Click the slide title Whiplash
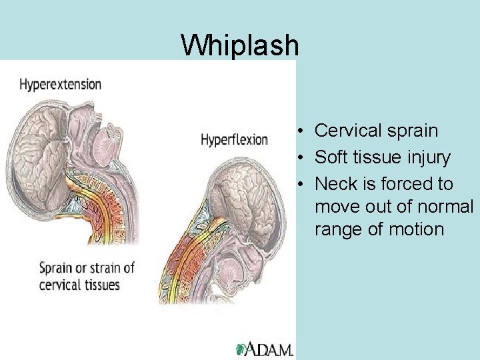click(x=240, y=45)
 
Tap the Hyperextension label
click(x=60, y=85)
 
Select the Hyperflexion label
click(x=234, y=140)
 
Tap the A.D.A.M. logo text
click(x=270, y=349)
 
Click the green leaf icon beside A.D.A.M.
click(x=241, y=349)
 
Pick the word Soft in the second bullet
click(x=330, y=158)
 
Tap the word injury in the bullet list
click(x=427, y=158)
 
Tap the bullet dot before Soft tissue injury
click(x=302, y=159)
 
